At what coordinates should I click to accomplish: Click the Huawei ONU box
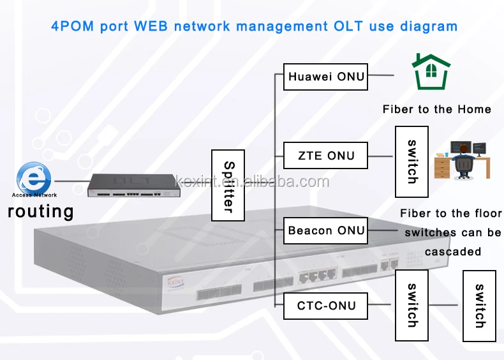click(325, 77)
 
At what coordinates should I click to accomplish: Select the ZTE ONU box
click(325, 156)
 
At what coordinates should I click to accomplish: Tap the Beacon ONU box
click(325, 230)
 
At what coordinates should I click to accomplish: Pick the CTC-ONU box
click(325, 306)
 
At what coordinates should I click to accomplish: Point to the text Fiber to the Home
click(437, 109)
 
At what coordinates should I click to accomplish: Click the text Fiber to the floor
click(450, 213)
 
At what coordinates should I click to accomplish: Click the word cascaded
click(453, 251)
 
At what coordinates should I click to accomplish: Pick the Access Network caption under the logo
click(34, 195)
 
